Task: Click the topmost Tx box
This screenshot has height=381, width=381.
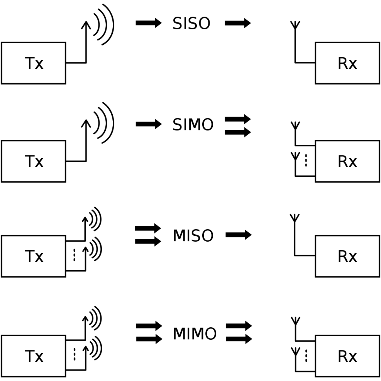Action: tap(34, 63)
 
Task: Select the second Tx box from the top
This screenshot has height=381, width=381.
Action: tap(34, 161)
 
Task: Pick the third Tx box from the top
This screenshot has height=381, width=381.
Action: tap(34, 256)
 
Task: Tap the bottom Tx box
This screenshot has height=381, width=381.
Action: tap(34, 356)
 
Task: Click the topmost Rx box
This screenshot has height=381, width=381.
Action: tap(347, 63)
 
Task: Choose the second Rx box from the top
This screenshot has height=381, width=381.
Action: tap(347, 161)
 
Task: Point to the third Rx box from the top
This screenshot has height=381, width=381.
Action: tap(347, 256)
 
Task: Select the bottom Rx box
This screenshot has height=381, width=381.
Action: tap(347, 356)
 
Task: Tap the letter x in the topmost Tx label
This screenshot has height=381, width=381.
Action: tap(39, 65)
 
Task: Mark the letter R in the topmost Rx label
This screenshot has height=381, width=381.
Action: tap(342, 63)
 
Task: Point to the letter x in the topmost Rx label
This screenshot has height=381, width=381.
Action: tap(353, 65)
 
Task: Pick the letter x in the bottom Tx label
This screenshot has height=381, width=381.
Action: tap(39, 357)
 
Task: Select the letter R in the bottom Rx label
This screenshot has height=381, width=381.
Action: tap(342, 356)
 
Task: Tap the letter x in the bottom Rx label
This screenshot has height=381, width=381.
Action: tap(353, 357)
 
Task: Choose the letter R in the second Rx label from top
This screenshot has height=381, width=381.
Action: tap(342, 161)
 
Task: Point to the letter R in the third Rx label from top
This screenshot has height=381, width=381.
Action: tap(342, 256)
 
